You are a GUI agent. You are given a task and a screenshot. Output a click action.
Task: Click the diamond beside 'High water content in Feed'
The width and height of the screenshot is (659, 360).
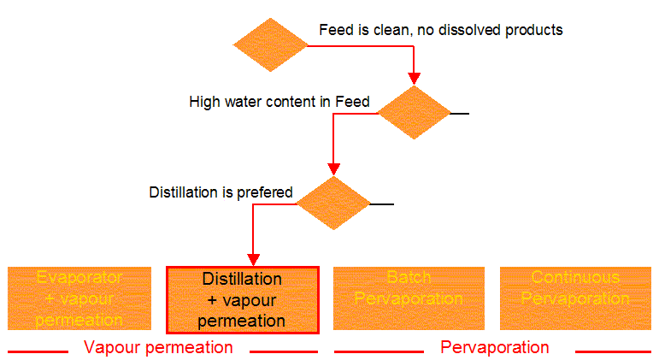415,112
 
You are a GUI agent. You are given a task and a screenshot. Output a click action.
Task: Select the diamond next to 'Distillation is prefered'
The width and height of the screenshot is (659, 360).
333,204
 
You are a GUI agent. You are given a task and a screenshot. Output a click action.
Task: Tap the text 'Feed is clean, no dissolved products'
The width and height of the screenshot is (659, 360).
441,30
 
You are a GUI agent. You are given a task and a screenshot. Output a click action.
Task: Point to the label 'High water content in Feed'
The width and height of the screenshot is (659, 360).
279,102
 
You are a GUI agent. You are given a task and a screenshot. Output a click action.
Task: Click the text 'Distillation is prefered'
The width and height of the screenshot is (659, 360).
221,192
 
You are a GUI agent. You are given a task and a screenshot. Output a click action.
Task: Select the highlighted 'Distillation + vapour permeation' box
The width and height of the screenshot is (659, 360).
243,299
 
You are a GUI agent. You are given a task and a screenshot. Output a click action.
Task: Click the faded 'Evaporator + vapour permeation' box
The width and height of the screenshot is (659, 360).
79,298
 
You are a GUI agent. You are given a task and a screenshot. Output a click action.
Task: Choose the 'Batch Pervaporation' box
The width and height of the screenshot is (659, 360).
409,298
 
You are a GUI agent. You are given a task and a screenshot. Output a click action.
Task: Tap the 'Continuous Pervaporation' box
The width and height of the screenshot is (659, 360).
575,298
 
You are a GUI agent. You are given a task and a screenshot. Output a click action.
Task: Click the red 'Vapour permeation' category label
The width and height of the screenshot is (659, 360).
158,347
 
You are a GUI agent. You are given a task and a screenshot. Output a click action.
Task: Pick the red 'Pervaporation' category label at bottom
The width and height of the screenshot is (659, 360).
495,347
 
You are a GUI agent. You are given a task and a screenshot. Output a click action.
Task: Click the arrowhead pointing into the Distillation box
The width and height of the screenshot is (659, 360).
254,258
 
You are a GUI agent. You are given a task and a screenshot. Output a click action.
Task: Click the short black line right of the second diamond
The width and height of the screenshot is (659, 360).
460,113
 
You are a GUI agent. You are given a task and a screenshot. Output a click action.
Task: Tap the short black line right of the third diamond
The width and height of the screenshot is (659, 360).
381,204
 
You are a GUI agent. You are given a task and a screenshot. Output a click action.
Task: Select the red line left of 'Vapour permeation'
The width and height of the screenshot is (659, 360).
38,351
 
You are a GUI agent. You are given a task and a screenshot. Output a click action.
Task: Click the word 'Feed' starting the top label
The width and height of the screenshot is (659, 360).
334,30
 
